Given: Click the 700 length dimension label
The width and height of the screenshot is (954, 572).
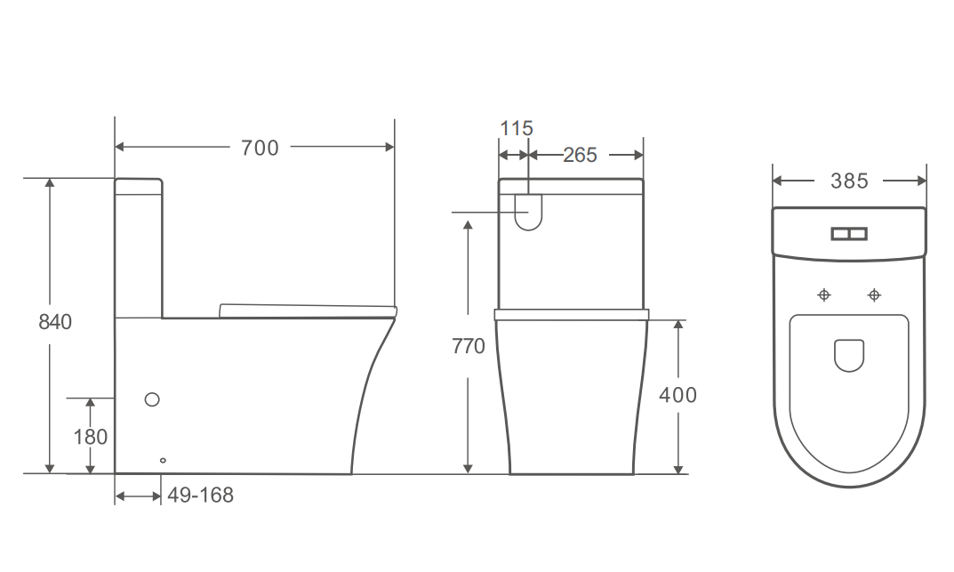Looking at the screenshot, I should point(260,148).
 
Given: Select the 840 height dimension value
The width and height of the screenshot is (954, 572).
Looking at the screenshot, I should point(55,322).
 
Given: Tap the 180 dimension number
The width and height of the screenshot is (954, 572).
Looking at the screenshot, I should point(91,437).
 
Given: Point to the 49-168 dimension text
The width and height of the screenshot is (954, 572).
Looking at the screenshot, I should point(200,495).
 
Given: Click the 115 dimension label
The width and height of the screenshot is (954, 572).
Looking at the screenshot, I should point(516,128).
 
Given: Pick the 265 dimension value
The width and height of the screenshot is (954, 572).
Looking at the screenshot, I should point(580,155).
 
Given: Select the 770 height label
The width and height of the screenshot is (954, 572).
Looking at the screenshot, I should point(469,346).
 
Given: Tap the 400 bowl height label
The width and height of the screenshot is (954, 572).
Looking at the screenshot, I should point(677,394).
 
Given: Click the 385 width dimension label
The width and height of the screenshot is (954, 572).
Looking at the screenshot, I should point(849,181).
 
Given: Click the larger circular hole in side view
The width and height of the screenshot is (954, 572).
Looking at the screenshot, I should point(152,399).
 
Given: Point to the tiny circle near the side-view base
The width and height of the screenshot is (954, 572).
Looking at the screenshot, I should point(162,460).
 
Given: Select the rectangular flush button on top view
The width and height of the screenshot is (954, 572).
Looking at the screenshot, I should point(848,234).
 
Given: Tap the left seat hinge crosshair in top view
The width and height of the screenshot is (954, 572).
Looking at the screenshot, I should point(824,294).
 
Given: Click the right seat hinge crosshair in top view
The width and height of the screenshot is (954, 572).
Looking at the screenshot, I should point(875,294).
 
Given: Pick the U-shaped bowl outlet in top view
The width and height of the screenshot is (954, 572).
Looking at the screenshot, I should point(849,355).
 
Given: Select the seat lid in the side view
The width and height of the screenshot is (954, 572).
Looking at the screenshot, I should point(307,310).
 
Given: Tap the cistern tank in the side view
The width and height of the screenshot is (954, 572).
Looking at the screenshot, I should point(139,249).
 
